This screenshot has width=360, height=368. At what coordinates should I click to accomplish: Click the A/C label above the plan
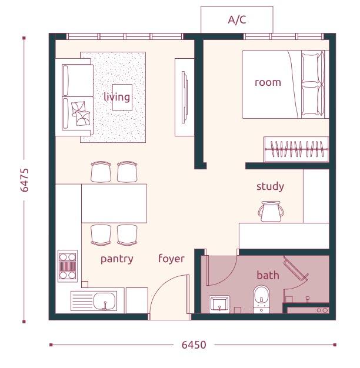pos(237,19)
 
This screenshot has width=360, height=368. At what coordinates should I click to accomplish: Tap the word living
pos(116,96)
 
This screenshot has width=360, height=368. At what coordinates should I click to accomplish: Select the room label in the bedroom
pos(268,82)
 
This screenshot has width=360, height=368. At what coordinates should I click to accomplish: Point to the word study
pos(270,186)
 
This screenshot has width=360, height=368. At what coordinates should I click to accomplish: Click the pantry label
pos(116,259)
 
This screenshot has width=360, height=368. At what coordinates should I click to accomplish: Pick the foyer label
pos(171,258)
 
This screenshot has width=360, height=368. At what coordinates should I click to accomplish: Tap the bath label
pos(268,275)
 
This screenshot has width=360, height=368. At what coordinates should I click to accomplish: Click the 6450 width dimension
pos(194,344)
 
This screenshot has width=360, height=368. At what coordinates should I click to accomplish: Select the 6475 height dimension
pos(25,180)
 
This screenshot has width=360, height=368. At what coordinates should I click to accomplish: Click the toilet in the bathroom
pos(261,299)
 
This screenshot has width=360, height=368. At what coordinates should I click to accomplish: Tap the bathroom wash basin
pos(219,304)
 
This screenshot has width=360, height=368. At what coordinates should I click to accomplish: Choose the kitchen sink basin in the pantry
pos(105,301)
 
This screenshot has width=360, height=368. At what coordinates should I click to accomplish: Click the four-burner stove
pos(68,266)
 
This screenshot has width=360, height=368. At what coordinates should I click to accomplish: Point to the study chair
pos(271,212)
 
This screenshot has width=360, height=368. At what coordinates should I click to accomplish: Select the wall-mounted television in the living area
pos(185,97)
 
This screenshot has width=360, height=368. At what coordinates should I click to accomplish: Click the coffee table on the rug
pos(122,97)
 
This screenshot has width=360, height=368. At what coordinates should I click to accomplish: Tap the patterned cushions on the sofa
pos(81,113)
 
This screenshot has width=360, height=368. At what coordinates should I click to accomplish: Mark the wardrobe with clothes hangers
pos(296,149)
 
